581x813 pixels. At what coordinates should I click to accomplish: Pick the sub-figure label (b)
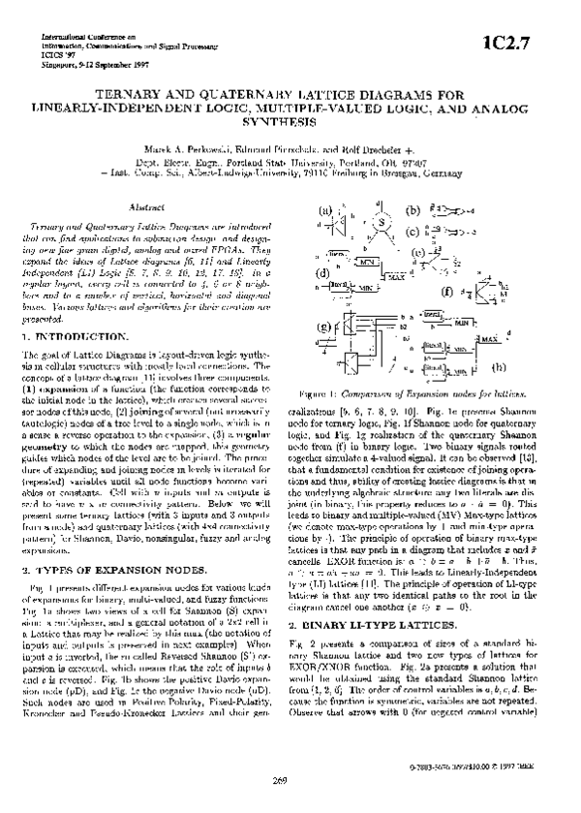click(413, 210)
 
